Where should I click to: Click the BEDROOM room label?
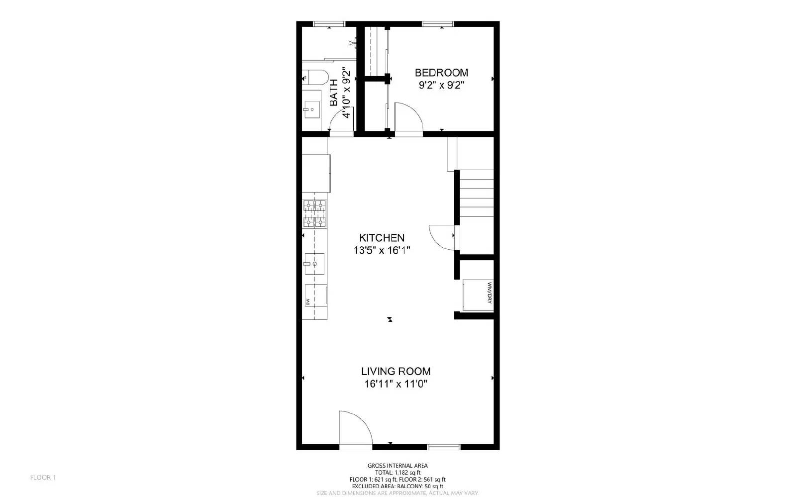(x=441, y=73)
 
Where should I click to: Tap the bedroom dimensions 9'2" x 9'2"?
(x=441, y=85)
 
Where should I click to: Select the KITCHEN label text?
(x=382, y=238)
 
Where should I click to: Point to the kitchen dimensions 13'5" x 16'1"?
(x=382, y=251)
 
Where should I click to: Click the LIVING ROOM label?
(x=396, y=371)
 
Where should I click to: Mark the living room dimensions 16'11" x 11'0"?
(x=396, y=384)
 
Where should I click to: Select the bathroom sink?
(x=312, y=109)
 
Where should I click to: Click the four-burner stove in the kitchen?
(x=314, y=214)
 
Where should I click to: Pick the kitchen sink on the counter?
(x=314, y=264)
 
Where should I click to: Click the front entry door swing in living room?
(x=354, y=428)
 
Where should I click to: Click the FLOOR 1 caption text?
(x=43, y=478)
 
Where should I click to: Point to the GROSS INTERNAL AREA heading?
(x=398, y=466)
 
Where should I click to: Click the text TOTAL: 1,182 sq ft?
(x=398, y=473)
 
